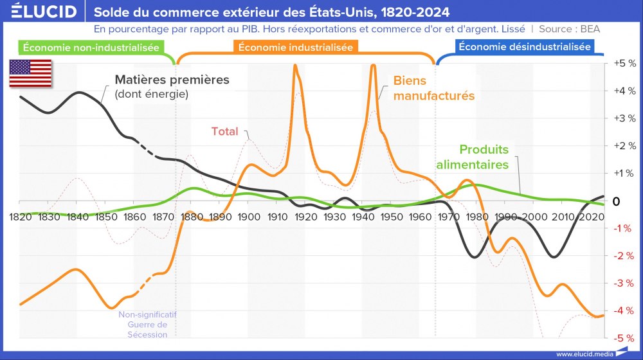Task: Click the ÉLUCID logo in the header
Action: pyautogui.click(x=40, y=12)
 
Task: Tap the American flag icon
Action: pyautogui.click(x=31, y=73)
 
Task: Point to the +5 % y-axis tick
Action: pyautogui.click(x=623, y=64)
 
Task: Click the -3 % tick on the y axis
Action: pyautogui.click(x=623, y=283)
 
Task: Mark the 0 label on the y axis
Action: pyautogui.click(x=616, y=201)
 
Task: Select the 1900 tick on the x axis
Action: pyautogui.click(x=249, y=216)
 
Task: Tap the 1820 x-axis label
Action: pyautogui.click(x=21, y=216)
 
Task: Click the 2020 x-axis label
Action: pyautogui.click(x=591, y=216)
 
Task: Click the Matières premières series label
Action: pyautogui.click(x=171, y=80)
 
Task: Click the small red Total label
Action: pyautogui.click(x=224, y=132)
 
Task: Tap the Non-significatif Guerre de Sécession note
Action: pyautogui.click(x=147, y=325)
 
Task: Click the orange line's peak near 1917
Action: pyautogui.click(x=295, y=65)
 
